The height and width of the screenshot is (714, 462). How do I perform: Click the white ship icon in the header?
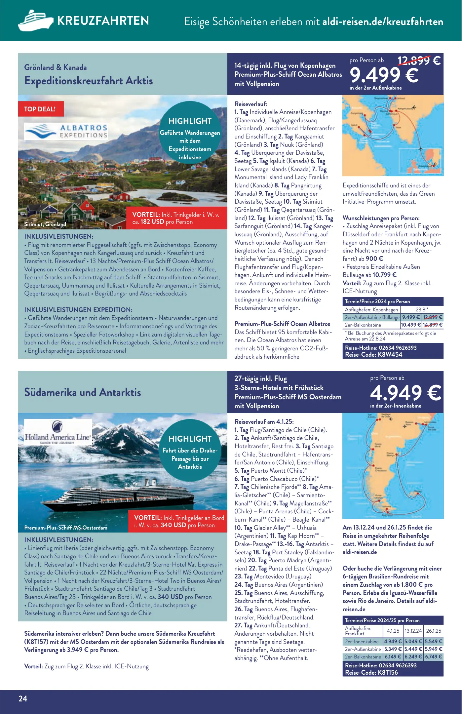point(35,20)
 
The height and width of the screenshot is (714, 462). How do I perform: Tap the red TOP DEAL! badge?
point(40,109)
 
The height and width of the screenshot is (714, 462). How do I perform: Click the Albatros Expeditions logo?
point(66,131)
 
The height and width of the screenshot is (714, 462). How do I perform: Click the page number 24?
point(23,698)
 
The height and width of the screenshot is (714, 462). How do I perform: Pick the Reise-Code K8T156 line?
point(371,672)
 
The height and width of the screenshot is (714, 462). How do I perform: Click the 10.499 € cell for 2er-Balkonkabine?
point(411,325)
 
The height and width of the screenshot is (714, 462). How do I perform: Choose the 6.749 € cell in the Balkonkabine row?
point(433,657)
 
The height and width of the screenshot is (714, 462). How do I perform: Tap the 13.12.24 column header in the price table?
point(413,631)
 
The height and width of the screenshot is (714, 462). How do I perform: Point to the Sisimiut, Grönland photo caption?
point(45,224)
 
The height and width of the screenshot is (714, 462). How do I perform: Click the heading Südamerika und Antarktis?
point(83,392)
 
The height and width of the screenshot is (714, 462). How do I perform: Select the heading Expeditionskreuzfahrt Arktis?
point(89,81)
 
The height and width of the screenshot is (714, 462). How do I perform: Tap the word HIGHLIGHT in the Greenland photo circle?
point(190,121)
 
